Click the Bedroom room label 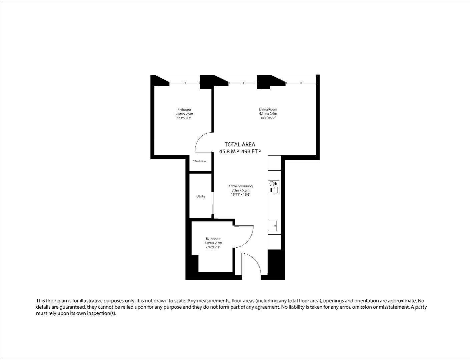click(x=184, y=110)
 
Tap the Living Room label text click(x=268, y=109)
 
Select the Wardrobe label click(x=199, y=161)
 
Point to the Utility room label click(x=201, y=196)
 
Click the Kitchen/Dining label click(x=241, y=186)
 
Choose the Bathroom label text click(x=213, y=239)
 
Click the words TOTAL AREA click(x=240, y=144)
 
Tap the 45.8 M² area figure click(x=229, y=151)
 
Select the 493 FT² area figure click(x=251, y=151)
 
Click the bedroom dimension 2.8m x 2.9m click(x=184, y=114)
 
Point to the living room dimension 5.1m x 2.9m click(x=268, y=114)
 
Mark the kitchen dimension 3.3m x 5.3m click(x=241, y=190)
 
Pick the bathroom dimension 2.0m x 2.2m click(x=213, y=243)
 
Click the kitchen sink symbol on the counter click(x=273, y=226)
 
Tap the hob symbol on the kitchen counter click(x=274, y=187)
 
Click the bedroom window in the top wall click(x=184, y=83)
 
